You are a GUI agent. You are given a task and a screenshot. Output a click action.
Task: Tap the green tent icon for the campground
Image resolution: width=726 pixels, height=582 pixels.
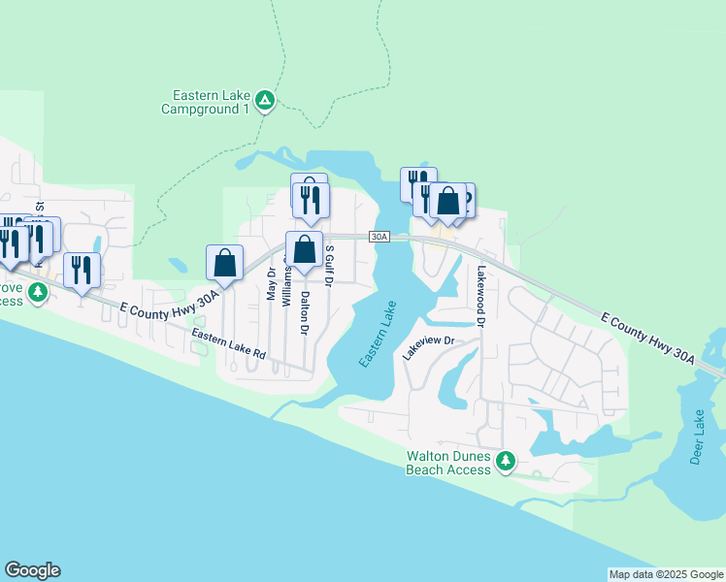pos(264,100)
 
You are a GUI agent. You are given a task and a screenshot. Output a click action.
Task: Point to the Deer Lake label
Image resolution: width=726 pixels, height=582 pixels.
pos(697,437)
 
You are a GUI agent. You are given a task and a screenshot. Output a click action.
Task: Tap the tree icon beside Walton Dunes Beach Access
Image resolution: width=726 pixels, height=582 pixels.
pos(505,462)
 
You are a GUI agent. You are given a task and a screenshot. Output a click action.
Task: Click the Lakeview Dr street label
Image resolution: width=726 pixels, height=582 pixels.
pos(429,348)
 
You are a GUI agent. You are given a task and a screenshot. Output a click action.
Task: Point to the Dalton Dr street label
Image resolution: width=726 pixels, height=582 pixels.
pos(304,313)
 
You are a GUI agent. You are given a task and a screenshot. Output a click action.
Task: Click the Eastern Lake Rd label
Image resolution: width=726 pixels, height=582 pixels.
pos(228,344)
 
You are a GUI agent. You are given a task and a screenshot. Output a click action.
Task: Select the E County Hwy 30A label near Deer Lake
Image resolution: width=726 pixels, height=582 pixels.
pos(648,339)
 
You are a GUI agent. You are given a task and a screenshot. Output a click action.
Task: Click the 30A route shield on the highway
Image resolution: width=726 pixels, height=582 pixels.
pos(379,237)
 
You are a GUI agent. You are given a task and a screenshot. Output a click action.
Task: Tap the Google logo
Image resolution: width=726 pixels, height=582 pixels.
pos(32,570)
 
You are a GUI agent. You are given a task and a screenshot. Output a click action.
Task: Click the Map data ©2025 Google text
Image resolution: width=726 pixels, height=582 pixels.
pos(666,574)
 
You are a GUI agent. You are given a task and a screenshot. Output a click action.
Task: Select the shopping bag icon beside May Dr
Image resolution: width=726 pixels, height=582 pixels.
pos(224,263)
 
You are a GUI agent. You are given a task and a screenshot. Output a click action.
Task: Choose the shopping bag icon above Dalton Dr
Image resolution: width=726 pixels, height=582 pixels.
pos(305,248)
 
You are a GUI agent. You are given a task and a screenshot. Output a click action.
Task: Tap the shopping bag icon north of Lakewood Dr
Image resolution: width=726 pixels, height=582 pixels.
pos(448,202)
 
